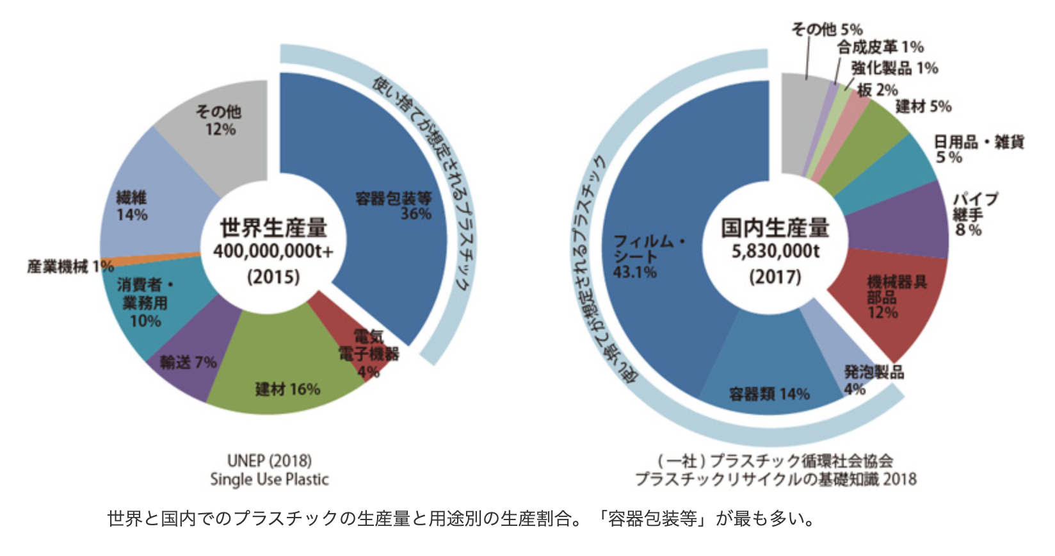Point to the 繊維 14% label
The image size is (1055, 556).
[x=131, y=205]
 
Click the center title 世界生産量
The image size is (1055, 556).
[x=273, y=227]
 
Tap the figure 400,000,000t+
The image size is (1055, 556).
[x=273, y=251]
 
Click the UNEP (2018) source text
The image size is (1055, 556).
[x=269, y=461]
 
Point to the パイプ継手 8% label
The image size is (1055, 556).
[x=974, y=214]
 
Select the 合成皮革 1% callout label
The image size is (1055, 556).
[x=880, y=47]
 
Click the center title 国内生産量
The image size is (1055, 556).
[x=775, y=227]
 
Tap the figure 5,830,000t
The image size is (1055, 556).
[x=775, y=251]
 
